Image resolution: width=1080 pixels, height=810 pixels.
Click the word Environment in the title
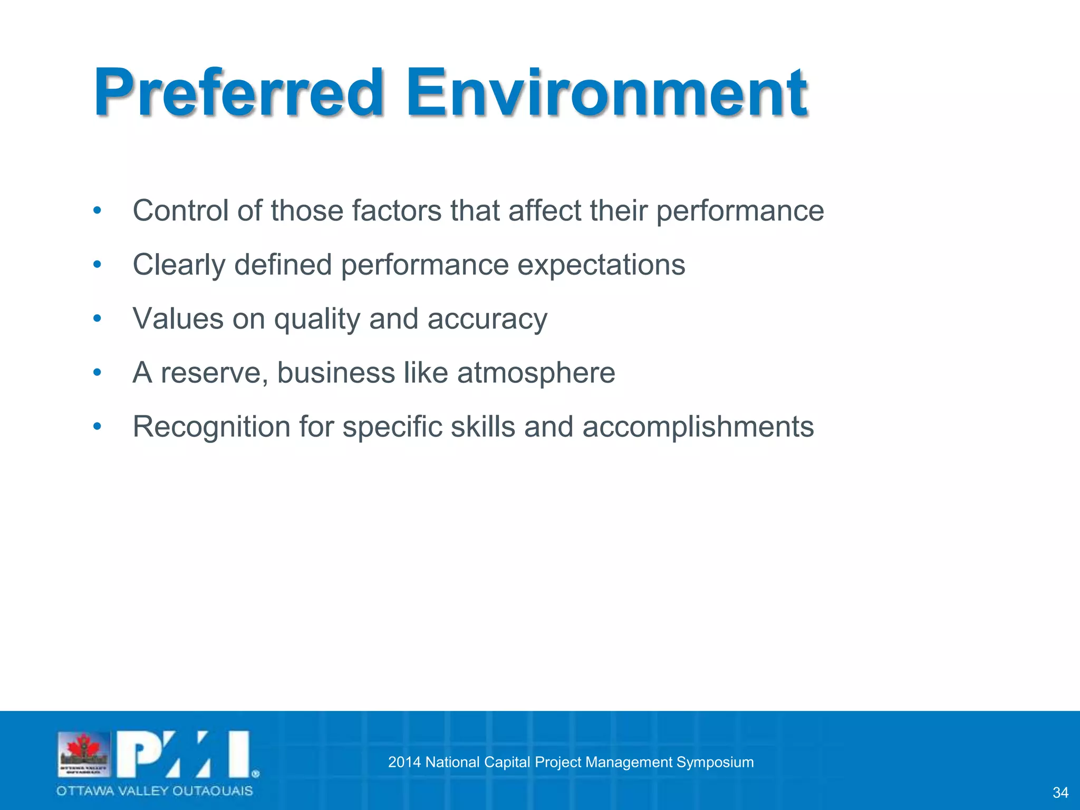click(x=606, y=94)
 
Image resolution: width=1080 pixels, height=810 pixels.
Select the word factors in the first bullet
click(x=397, y=211)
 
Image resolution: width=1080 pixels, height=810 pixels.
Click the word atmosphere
click(x=536, y=373)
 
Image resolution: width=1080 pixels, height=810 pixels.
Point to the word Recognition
click(x=211, y=428)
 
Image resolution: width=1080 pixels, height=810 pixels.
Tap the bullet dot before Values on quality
click(x=97, y=319)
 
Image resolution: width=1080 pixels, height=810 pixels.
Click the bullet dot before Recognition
click(x=97, y=426)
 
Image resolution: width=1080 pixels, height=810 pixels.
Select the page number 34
click(x=1060, y=793)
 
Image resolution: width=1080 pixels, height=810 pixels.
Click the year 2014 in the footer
click(x=404, y=762)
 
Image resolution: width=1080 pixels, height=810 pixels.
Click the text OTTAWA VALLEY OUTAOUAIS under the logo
click(x=155, y=791)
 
